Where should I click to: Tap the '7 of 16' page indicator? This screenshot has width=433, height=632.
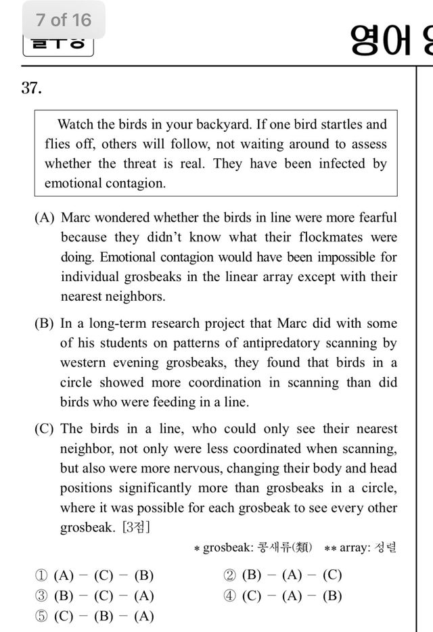pyautogui.click(x=64, y=20)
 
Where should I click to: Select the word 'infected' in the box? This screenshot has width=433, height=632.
pyautogui.click(x=341, y=164)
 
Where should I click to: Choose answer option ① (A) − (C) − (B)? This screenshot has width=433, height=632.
pyautogui.click(x=95, y=576)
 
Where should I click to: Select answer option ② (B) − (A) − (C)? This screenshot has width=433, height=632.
pyautogui.click(x=283, y=576)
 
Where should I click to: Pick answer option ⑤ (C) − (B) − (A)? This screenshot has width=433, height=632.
pyautogui.click(x=95, y=616)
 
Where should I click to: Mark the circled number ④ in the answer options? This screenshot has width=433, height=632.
pyautogui.click(x=229, y=596)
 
